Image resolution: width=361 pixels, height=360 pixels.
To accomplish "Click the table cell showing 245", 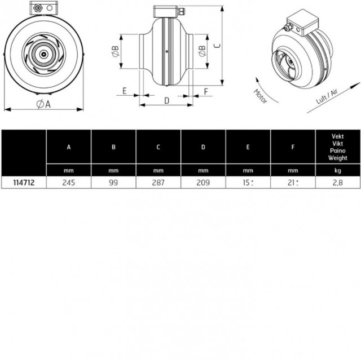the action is coord(69,183).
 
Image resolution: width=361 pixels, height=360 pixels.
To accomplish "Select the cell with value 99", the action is coord(113,183).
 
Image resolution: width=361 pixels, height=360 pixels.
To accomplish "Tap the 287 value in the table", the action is coord(158,183).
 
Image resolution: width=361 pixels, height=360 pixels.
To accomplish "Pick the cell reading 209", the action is coord(203,183).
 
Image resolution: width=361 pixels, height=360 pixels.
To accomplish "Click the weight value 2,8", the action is coord(338,183).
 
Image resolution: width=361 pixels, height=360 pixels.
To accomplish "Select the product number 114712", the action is coord(24,183).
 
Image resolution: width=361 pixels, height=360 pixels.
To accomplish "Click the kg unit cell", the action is coord(338,171).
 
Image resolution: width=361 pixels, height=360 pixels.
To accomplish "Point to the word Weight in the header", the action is coord(338,158).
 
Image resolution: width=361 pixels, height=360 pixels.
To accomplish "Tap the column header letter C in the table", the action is coord(158,147).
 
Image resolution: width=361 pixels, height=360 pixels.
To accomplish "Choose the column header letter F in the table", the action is coord(293,147).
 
